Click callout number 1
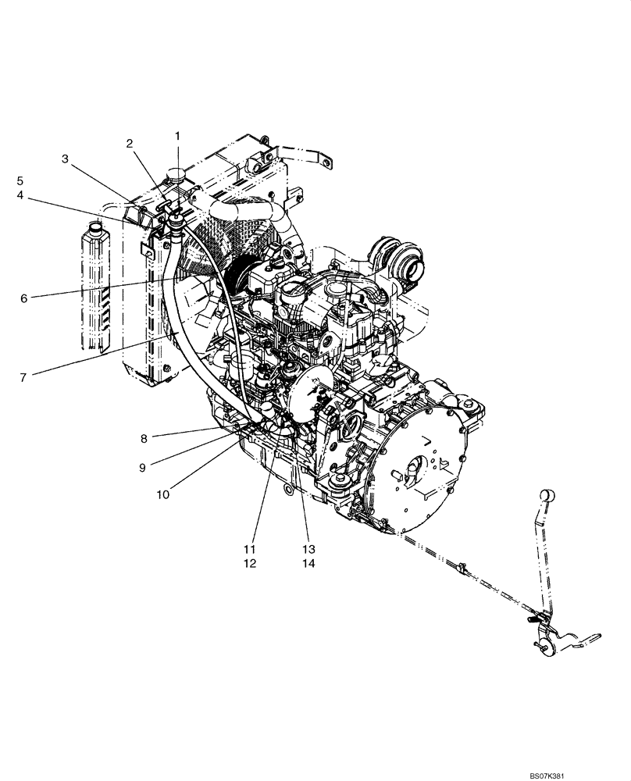pos(177,136)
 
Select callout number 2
pos(130,143)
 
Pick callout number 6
pos(23,298)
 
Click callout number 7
pos(23,376)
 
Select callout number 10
pos(164,494)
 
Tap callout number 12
pos(249,562)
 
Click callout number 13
pos(308,548)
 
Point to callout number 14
pos(308,562)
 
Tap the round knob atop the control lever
pos(547,494)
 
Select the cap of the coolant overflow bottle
pos(96,227)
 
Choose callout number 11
pos(249,548)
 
